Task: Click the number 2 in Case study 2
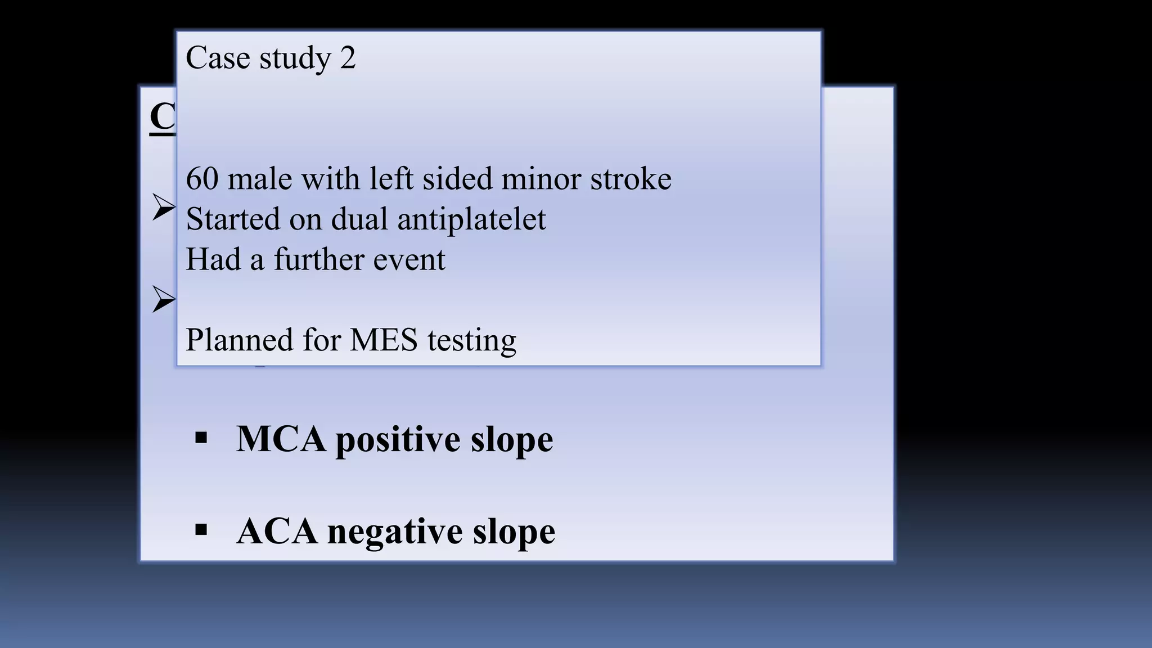pos(348,58)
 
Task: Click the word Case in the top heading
pos(218,58)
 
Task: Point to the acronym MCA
pos(281,439)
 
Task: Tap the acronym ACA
pos(276,531)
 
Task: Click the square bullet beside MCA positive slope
pos(201,438)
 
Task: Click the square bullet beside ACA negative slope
pos(201,529)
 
